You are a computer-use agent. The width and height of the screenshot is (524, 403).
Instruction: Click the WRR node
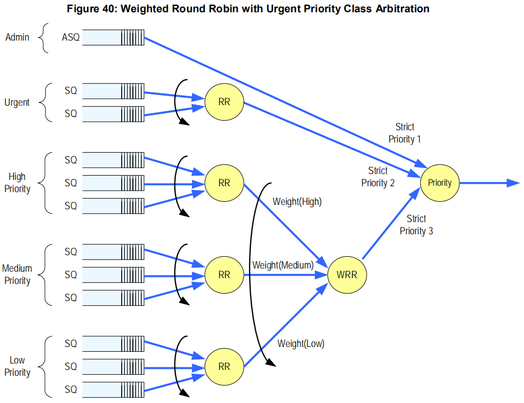[x=347, y=275]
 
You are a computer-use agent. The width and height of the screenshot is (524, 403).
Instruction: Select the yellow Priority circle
[x=440, y=183]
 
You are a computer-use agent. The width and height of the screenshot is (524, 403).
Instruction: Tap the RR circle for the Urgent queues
[x=224, y=102]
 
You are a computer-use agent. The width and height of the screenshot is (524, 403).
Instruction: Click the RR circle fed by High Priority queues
[x=224, y=183]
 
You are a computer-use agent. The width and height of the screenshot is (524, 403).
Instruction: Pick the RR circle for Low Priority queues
[x=224, y=367]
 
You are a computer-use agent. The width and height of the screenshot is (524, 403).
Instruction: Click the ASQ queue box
[x=113, y=37]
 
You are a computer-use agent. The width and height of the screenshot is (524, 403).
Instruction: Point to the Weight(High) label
[x=297, y=202]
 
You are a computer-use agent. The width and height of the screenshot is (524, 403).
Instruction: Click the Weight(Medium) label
[x=283, y=265]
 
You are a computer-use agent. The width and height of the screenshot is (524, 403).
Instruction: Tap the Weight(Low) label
[x=301, y=344]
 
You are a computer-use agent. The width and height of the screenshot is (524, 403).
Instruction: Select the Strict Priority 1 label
[x=404, y=133]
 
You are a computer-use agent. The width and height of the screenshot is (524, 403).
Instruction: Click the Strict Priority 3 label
[x=416, y=225]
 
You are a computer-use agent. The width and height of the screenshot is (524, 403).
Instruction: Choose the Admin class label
[x=18, y=37]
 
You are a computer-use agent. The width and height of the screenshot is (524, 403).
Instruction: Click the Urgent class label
[x=17, y=102]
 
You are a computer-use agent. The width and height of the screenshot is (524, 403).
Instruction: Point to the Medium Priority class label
[x=17, y=274]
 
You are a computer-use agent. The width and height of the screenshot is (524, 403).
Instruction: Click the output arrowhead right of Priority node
[x=513, y=183]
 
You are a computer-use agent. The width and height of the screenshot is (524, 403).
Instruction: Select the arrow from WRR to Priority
[x=391, y=223]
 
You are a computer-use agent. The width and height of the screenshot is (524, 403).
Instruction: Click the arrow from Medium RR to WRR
[x=285, y=275]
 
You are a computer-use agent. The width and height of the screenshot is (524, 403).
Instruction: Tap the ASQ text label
[x=70, y=37]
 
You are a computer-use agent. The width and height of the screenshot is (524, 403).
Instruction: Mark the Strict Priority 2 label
[x=378, y=177]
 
